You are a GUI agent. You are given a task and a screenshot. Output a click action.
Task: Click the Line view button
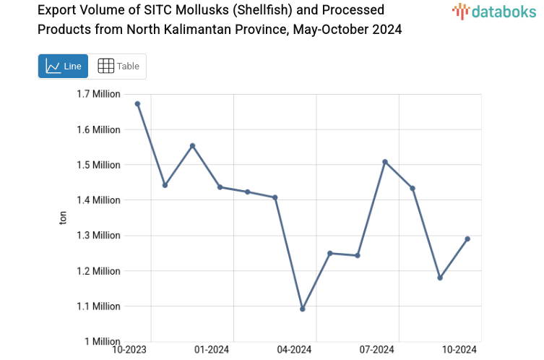coord(63,67)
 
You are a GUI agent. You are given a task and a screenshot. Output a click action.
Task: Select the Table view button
coord(118,67)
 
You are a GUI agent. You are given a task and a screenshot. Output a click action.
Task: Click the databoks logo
coord(493,11)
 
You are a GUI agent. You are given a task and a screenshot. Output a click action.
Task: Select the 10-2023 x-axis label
coord(129,350)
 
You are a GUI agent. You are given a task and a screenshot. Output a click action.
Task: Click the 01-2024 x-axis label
coord(212,350)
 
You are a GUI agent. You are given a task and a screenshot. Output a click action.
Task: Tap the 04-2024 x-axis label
coord(294,350)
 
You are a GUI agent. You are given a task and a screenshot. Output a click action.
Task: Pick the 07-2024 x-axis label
coord(377,350)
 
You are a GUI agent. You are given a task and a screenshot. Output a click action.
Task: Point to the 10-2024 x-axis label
coord(459,350)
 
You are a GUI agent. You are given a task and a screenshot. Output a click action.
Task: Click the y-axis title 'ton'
coord(63,218)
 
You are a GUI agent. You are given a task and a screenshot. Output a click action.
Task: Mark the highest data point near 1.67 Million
coord(137,104)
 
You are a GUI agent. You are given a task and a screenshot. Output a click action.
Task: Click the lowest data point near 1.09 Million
coord(303,309)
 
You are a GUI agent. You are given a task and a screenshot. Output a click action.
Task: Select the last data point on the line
coord(467,239)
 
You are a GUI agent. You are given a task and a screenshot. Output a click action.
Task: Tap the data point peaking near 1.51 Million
coord(385,161)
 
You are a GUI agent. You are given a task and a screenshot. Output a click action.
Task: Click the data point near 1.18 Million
coord(440,278)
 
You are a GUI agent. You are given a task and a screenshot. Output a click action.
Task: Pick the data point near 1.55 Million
coord(192,146)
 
